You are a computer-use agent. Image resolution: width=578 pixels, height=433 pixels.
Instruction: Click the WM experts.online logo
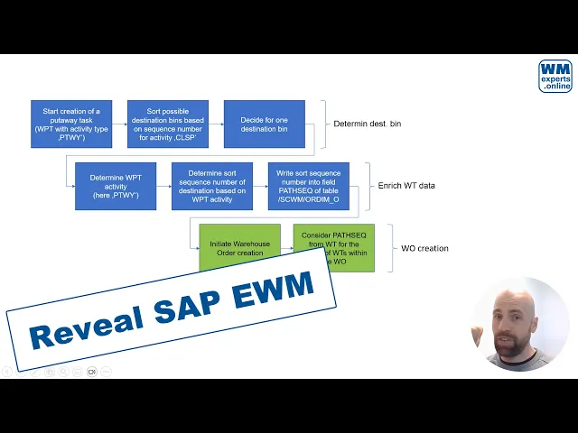pos(555,76)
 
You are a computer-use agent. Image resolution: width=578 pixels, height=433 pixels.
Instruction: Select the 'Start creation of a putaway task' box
pos(71,124)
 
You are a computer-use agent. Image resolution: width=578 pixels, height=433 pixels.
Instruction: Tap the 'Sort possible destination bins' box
pos(168,124)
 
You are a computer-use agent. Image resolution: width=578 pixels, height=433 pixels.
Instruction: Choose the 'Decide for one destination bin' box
pos(265,124)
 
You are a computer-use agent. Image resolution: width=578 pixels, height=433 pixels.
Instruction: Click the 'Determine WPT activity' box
pos(116,186)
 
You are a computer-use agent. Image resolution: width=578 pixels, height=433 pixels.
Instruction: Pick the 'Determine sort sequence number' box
pos(212,186)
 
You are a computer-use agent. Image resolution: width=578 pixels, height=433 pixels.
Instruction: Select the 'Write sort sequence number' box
pos(309,186)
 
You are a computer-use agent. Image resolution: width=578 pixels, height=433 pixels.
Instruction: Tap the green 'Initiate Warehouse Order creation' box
pos(239,244)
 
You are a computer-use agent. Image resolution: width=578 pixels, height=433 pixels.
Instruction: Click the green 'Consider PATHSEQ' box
pos(335,239)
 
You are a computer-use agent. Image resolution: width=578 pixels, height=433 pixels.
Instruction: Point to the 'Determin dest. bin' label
pos(367,124)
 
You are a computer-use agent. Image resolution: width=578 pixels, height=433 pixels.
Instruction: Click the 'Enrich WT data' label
pos(406,186)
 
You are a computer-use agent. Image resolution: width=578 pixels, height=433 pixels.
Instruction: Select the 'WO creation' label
pos(424,248)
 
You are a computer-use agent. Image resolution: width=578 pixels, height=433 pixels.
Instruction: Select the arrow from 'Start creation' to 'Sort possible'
pos(120,124)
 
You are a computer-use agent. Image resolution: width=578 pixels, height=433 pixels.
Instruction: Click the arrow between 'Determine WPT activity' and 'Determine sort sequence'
pos(163,186)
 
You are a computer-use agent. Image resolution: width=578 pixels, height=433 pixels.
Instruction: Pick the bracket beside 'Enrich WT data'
pos(368,186)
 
